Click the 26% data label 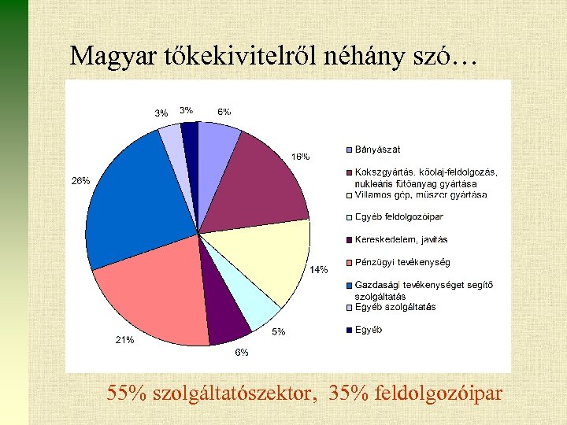tap(80, 180)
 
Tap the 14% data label tap(318, 270)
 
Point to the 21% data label tap(124, 340)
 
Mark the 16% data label tap(301, 156)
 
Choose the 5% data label tap(279, 332)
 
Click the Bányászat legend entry tap(377, 150)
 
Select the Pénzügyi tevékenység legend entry tap(402, 262)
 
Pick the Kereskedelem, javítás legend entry tap(401, 239)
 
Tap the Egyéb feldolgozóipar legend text tap(398, 216)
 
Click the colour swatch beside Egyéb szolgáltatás tap(349, 307)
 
